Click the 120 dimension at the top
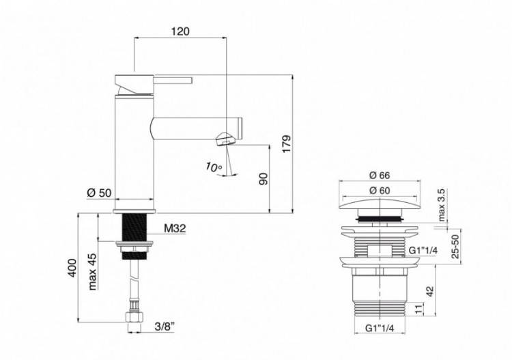pyautogui.click(x=180, y=32)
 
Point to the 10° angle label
pyautogui.click(x=214, y=166)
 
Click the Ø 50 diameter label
pyautogui.click(x=100, y=193)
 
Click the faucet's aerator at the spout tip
pyautogui.click(x=226, y=140)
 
